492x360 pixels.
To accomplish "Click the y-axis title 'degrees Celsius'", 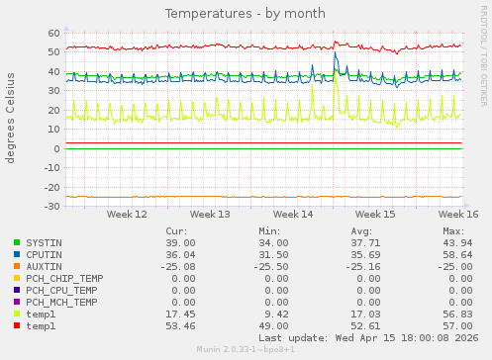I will (x=11, y=118).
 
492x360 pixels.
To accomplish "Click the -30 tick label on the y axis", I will (x=51, y=206).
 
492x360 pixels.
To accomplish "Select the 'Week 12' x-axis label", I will (x=127, y=214).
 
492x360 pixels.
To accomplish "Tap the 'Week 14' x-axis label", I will (x=293, y=214).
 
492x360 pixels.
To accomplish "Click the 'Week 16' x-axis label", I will (x=459, y=214).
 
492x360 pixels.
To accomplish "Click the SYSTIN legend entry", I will (x=44, y=242).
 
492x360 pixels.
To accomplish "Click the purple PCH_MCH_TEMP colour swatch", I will (x=17, y=302).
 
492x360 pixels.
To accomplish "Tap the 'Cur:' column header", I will (x=185, y=230).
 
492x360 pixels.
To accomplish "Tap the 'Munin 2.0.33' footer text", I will (x=245, y=349).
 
